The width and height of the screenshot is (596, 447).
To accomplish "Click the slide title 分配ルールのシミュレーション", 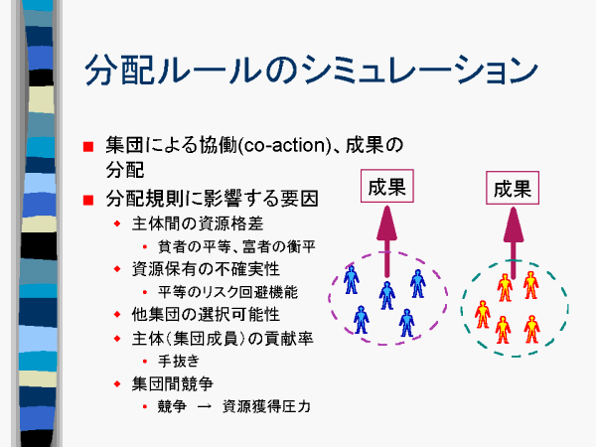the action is (x=311, y=70).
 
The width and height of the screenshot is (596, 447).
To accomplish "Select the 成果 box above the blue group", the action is (x=387, y=186).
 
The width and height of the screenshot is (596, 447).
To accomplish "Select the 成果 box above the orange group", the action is (x=513, y=188).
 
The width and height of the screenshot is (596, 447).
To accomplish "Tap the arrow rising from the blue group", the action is (x=387, y=241).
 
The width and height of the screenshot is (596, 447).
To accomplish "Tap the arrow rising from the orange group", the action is (x=514, y=243).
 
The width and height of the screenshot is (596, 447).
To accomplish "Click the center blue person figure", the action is (x=387, y=295).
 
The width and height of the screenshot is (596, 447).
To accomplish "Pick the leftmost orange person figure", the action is (x=483, y=314).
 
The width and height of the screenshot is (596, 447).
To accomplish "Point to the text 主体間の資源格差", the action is (x=198, y=223).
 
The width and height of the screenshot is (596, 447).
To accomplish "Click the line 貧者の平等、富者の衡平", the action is (x=236, y=246).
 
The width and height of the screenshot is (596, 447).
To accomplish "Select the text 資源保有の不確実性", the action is (x=206, y=269).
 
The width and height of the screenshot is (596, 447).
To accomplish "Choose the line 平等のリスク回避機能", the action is (x=227, y=292).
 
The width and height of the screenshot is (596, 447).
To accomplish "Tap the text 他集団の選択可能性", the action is (x=206, y=314).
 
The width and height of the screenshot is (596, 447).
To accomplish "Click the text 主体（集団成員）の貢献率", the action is (x=223, y=339).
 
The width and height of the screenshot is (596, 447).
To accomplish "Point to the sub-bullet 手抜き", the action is (x=179, y=361).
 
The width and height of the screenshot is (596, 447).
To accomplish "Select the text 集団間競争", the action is (x=172, y=383).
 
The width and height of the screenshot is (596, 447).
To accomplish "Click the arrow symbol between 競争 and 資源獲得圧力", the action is (x=205, y=406).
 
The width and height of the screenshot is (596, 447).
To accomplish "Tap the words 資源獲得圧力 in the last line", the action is (x=266, y=406).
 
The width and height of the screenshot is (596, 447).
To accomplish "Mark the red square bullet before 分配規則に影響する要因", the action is (x=88, y=200).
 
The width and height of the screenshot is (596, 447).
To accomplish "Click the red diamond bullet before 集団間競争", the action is (x=117, y=383).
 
